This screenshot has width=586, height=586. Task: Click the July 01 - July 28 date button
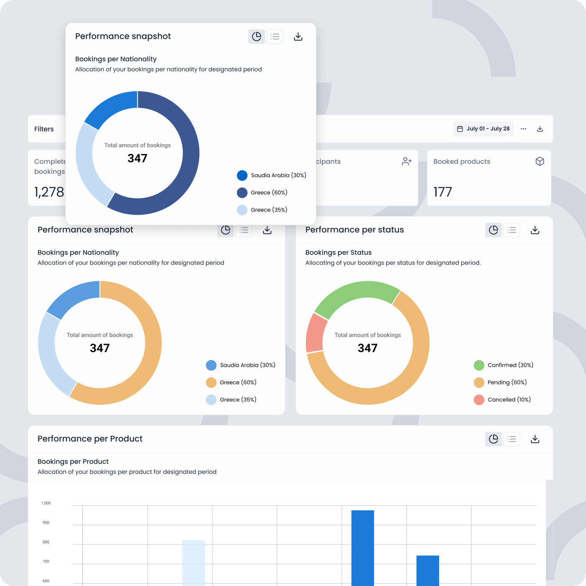[483, 129]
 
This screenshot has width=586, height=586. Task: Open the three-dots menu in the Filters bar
[523, 129]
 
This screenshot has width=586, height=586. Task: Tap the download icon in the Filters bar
[540, 129]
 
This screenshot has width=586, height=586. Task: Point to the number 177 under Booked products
[443, 192]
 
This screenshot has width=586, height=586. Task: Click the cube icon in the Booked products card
[540, 162]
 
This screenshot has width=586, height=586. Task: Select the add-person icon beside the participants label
[406, 162]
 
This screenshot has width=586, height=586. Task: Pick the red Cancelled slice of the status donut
[315, 333]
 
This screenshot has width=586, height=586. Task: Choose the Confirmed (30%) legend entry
[504, 365]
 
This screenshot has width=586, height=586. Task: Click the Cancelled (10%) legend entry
[502, 400]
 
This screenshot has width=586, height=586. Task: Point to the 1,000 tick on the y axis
[46, 503]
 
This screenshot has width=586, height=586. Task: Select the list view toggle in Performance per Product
[511, 439]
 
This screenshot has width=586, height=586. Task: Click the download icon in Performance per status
[535, 230]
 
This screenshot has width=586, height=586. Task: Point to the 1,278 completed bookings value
[49, 192]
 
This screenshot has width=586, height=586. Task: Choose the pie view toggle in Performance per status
[493, 230]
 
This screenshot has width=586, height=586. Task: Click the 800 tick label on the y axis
[46, 542]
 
